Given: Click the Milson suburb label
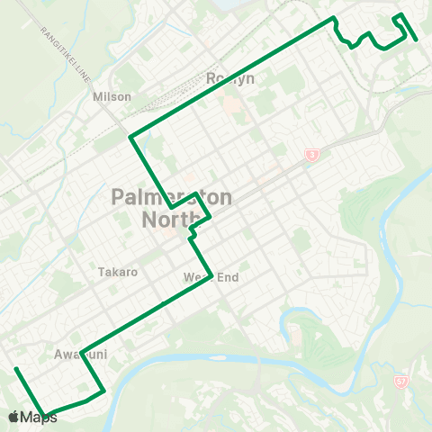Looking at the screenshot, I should [x=112, y=96].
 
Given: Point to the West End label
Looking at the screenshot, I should [x=211, y=277].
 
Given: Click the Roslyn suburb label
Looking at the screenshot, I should [x=231, y=78].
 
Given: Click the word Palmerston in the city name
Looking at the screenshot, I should [x=171, y=197].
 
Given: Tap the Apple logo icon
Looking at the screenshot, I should [x=14, y=417].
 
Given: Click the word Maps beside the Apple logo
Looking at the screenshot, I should [x=39, y=417].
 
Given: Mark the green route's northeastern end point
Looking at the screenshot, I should [x=415, y=40].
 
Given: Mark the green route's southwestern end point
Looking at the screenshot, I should [x=15, y=369].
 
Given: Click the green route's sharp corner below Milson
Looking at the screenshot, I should [x=132, y=138].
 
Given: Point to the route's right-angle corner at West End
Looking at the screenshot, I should [x=211, y=274].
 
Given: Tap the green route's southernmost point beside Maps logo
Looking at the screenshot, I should [x=45, y=415].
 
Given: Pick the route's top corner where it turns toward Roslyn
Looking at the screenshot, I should [x=334, y=18].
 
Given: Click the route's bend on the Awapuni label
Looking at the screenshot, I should [x=81, y=352].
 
